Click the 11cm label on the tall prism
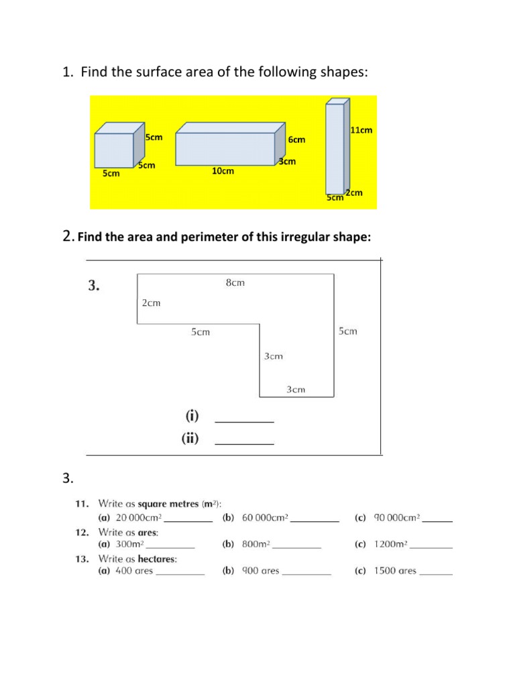point(361,130)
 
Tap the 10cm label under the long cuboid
point(223,171)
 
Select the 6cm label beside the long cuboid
point(296,140)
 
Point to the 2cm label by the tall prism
point(355,193)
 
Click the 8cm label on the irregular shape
point(235,283)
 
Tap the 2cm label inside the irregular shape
point(151,303)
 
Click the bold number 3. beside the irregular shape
point(94,286)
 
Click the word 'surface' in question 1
point(154,72)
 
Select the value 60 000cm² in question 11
point(265,517)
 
